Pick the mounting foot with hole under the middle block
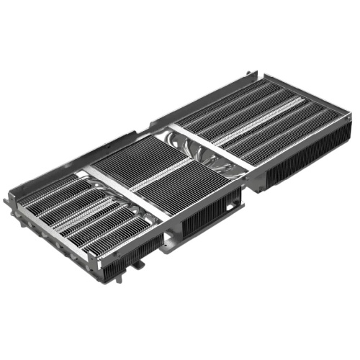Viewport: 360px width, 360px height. [x=168, y=246]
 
